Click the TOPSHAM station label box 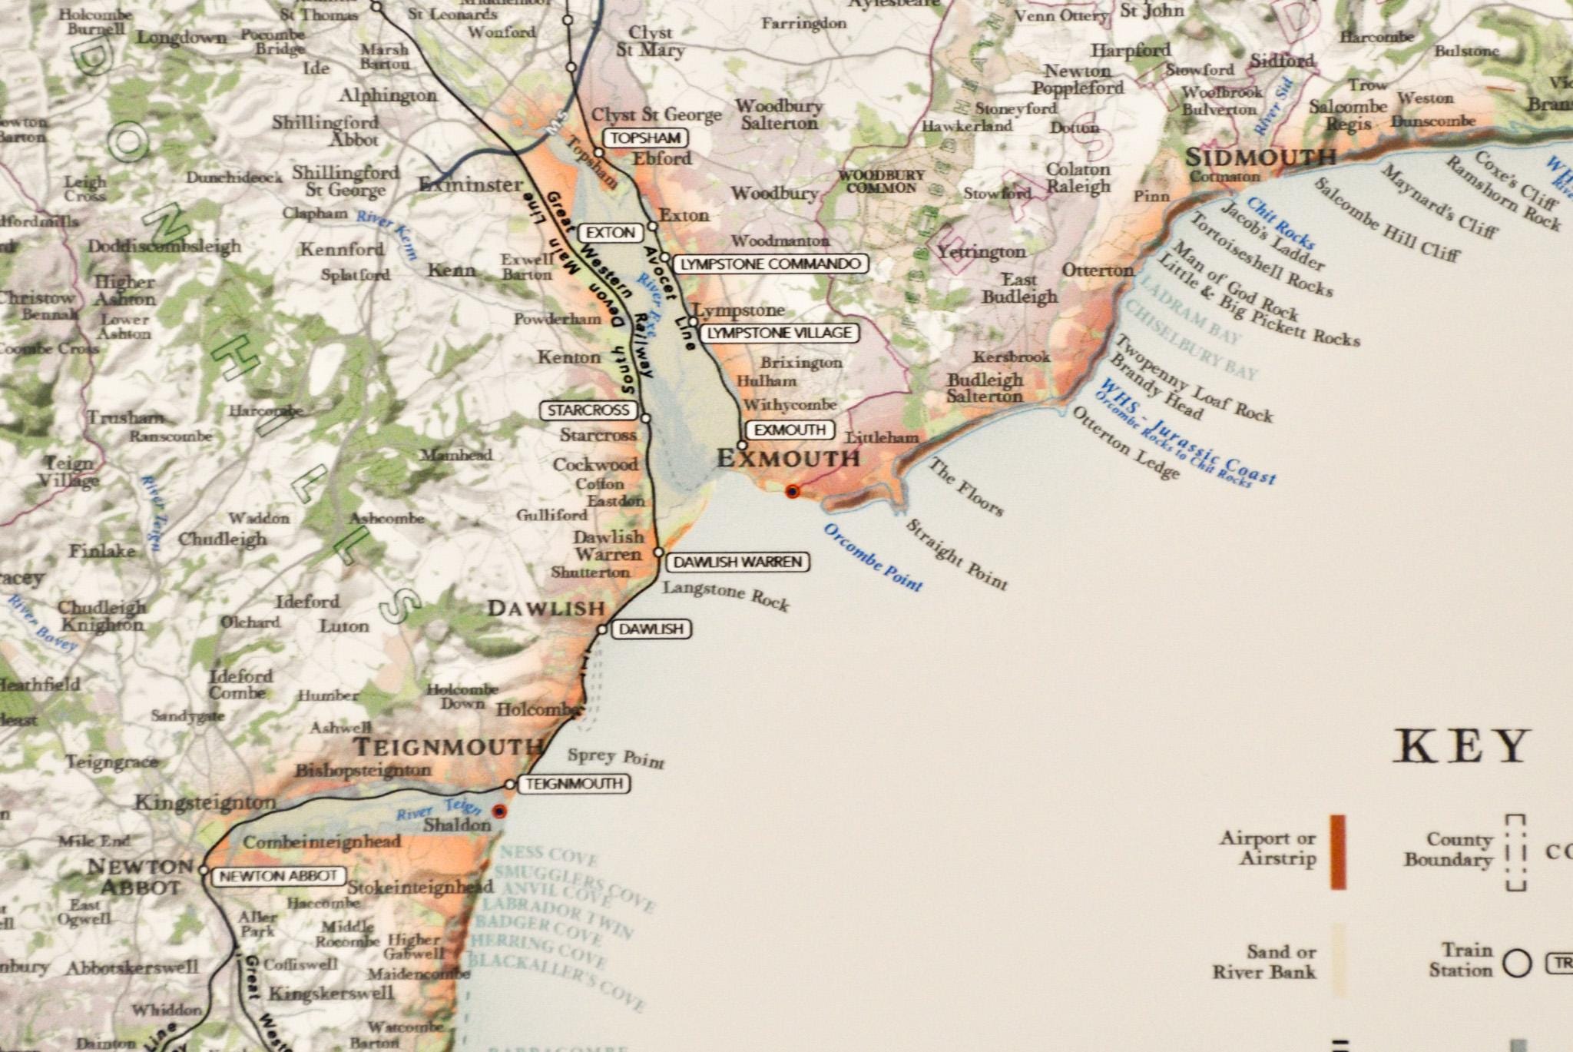pos(645,138)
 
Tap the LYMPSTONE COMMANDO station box pos(770,264)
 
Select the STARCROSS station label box pos(588,410)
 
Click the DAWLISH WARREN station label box pos(737,562)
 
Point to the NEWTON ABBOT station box pos(277,876)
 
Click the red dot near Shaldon pos(499,811)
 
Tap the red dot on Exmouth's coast pos(792,491)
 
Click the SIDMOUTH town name pos(1260,158)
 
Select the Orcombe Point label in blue pos(873,556)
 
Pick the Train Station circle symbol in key pos(1517,963)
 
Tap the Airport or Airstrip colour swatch pos(1338,851)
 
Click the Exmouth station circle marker pos(742,444)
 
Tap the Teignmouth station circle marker pos(509,784)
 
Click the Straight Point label pos(956,554)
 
